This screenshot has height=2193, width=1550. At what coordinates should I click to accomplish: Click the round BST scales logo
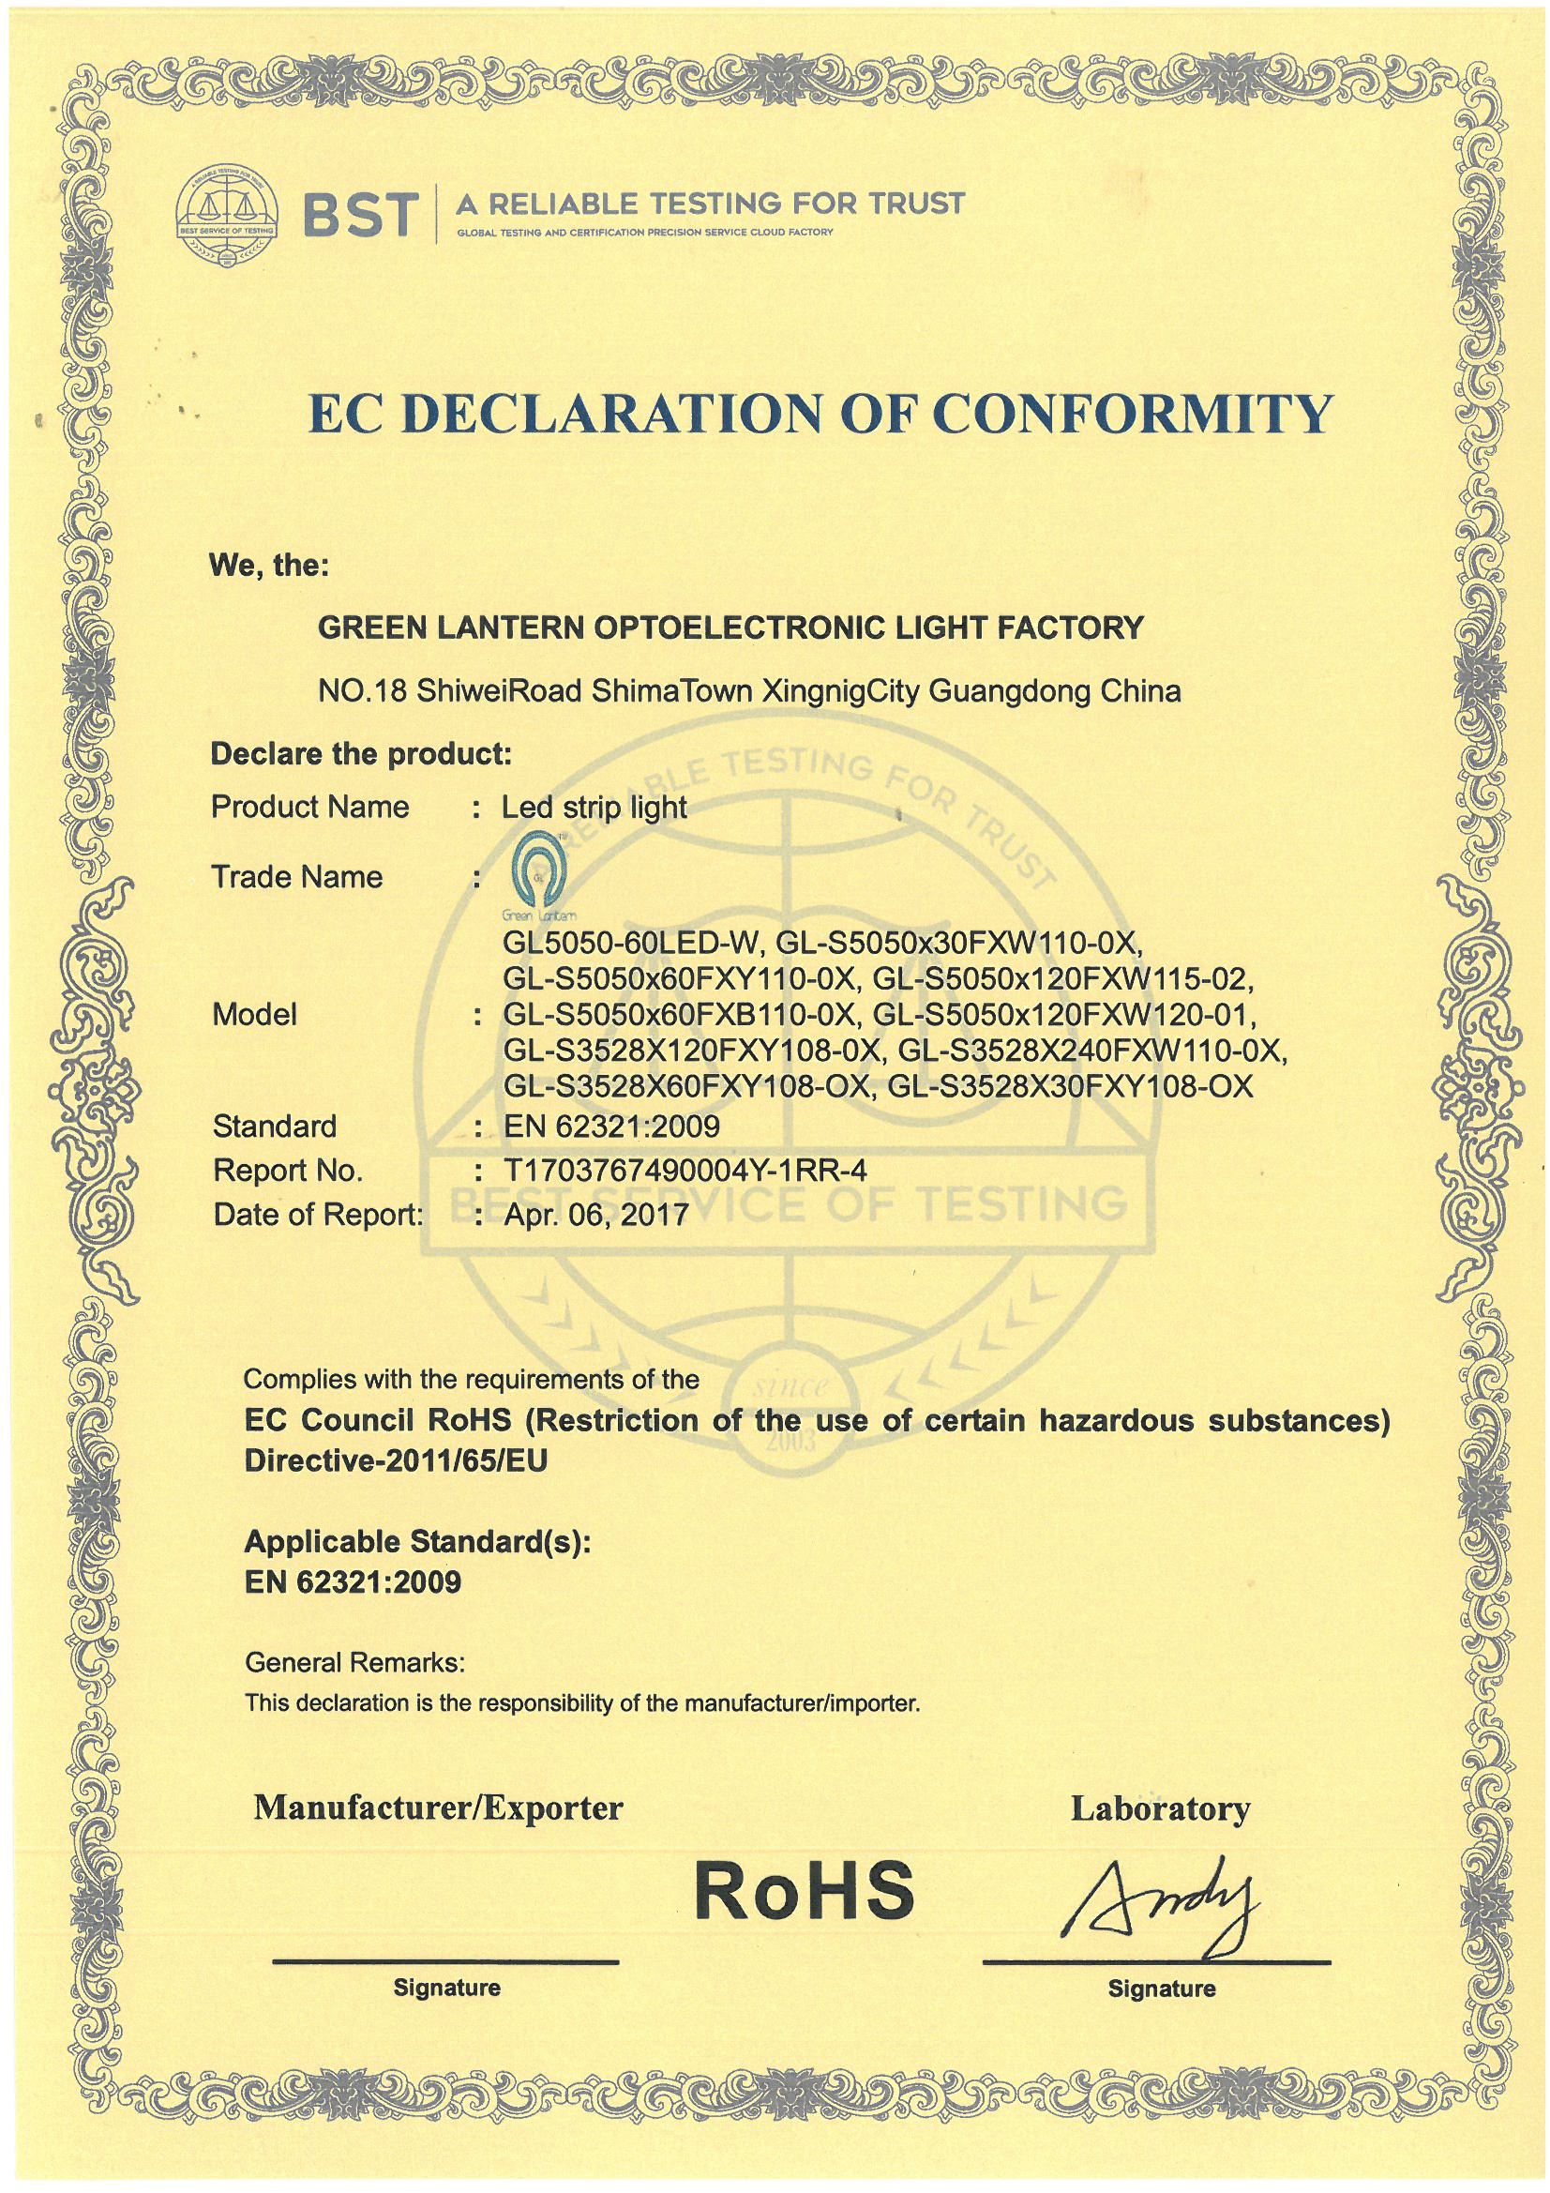point(227,215)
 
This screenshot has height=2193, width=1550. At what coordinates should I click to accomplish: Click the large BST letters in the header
point(361,215)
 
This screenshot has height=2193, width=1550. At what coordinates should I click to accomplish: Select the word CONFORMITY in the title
point(1130,415)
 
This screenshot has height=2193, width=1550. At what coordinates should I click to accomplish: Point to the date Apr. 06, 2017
point(596,1214)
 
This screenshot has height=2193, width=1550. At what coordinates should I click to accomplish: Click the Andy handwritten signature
point(1166,1900)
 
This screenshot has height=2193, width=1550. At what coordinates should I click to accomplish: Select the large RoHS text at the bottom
point(805,1890)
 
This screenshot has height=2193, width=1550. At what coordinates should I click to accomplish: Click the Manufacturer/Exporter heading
point(438,1807)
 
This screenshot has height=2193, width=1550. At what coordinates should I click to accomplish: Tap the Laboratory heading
point(1159,1808)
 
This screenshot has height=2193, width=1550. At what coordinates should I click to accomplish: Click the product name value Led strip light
point(594,807)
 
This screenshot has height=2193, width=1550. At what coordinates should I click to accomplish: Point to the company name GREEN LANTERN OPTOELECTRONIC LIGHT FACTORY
point(730,628)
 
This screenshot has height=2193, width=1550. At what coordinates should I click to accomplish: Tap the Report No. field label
point(288,1170)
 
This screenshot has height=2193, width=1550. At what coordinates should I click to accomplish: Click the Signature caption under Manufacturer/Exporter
point(447,1989)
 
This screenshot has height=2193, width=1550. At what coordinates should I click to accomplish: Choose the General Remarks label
point(354,1663)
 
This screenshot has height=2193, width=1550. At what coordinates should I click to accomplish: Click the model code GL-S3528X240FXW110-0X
point(1091,1051)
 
